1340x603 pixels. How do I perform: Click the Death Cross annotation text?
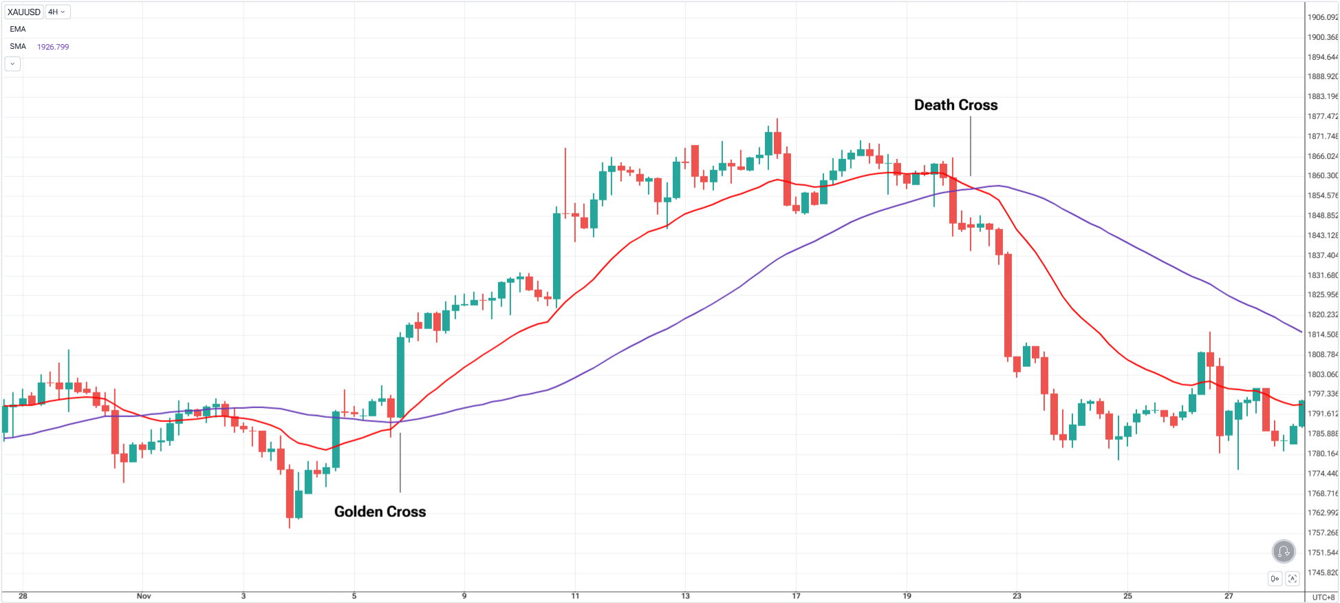click(x=955, y=105)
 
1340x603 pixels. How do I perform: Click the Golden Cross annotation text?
click(x=380, y=511)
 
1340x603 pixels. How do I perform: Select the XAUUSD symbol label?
click(x=24, y=12)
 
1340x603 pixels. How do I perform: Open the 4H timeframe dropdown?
click(x=56, y=12)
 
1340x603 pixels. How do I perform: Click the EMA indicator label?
click(x=18, y=29)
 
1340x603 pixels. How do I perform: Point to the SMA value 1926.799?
click(x=53, y=47)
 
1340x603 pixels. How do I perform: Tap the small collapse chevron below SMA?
click(x=12, y=64)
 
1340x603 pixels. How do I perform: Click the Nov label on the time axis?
click(x=144, y=596)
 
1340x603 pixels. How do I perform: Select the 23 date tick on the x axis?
click(x=1017, y=596)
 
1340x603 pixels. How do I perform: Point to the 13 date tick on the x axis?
click(x=685, y=596)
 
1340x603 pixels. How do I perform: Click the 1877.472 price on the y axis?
click(x=1322, y=116)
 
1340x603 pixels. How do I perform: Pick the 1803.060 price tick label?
click(x=1322, y=374)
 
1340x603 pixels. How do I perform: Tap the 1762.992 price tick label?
click(x=1322, y=513)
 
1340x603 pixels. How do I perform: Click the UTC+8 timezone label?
click(x=1323, y=597)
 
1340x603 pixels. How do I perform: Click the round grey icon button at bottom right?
click(x=1283, y=551)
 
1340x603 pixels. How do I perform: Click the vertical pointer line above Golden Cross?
click(x=400, y=462)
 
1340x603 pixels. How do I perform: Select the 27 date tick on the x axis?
click(x=1229, y=596)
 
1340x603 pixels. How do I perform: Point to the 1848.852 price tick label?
click(x=1322, y=215)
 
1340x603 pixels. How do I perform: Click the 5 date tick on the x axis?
click(x=354, y=596)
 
